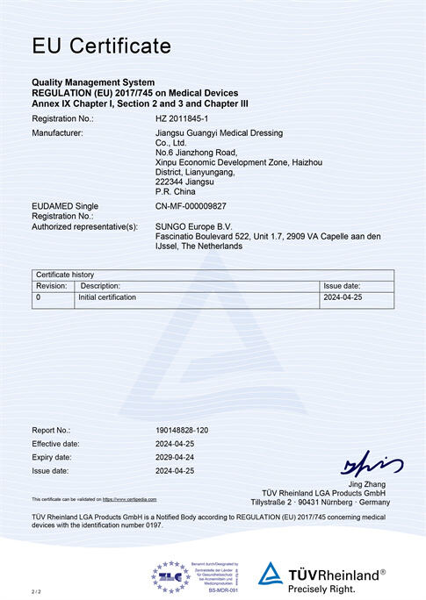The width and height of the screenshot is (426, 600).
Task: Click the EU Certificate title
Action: coord(102,45)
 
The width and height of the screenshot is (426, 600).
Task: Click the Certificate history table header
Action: coord(63,275)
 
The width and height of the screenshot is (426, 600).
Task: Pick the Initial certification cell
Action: coord(107,297)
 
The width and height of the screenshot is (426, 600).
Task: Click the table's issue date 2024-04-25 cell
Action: coord(343,297)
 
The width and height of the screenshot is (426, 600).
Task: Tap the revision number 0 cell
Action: coord(38,297)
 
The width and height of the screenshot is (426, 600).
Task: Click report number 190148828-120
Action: coord(182,430)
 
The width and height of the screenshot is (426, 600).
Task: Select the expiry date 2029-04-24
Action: coord(176,457)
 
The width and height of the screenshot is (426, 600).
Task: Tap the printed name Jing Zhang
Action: coord(367,484)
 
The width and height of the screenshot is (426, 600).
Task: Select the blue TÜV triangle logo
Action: coord(271,574)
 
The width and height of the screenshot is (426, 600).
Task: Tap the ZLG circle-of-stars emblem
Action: coord(170,576)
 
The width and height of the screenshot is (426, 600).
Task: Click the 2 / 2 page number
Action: coord(36,593)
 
